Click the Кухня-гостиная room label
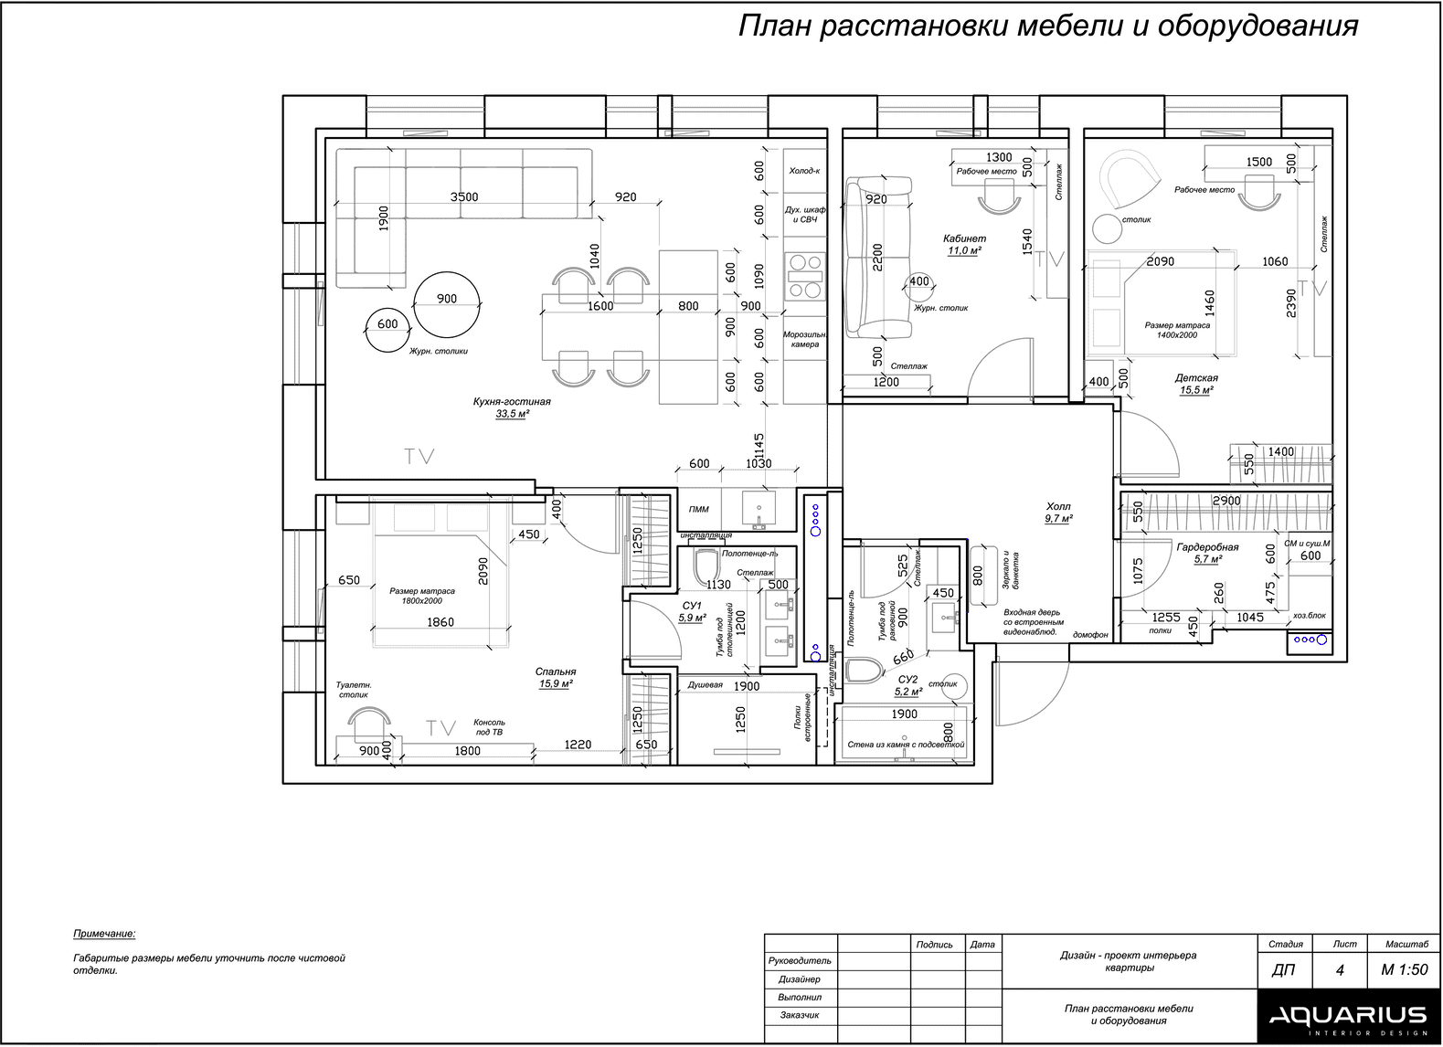pyautogui.click(x=512, y=402)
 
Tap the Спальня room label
pyautogui.click(x=556, y=672)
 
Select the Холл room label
pyautogui.click(x=1057, y=507)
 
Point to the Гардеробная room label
pyautogui.click(x=1207, y=547)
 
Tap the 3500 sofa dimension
pyautogui.click(x=464, y=197)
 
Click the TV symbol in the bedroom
pyautogui.click(x=441, y=728)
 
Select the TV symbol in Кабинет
pyautogui.click(x=1049, y=259)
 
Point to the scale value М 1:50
pyautogui.click(x=1405, y=969)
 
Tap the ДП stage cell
pyautogui.click(x=1283, y=970)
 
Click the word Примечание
pyautogui.click(x=104, y=934)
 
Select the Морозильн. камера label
pyautogui.click(x=804, y=339)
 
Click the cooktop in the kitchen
pyautogui.click(x=805, y=276)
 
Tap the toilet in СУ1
pyautogui.click(x=706, y=566)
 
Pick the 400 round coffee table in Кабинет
pyautogui.click(x=919, y=287)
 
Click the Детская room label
pyautogui.click(x=1196, y=378)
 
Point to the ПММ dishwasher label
pyautogui.click(x=699, y=509)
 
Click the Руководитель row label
pyautogui.click(x=800, y=961)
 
